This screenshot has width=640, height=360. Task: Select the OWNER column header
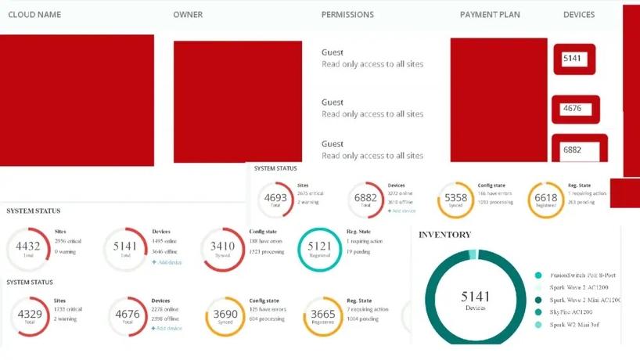click(x=189, y=15)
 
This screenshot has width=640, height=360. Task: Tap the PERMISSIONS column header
click(x=347, y=15)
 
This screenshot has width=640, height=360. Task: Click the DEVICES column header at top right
click(x=579, y=15)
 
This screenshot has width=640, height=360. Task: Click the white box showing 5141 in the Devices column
click(x=573, y=59)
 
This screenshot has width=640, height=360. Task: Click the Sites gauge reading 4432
click(x=27, y=248)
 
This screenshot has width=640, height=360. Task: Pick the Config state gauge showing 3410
click(x=222, y=248)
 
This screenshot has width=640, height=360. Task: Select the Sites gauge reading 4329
click(x=29, y=316)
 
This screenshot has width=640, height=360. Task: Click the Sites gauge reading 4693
click(x=276, y=200)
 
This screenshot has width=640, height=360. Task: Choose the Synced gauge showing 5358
click(x=455, y=200)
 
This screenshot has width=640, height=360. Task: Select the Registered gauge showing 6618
click(x=545, y=200)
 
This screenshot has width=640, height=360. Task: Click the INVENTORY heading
click(x=444, y=235)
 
